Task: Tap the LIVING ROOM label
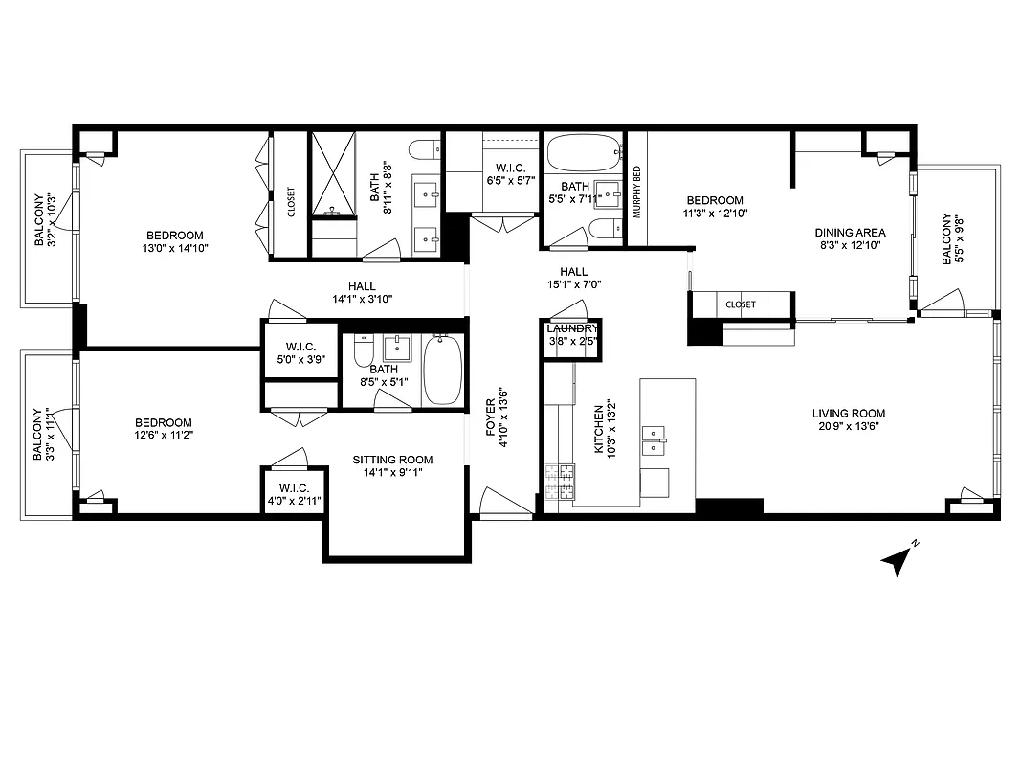pos(845,414)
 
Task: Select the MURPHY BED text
pos(636,192)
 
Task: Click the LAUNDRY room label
pos(572,328)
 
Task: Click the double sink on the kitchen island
pos(654,440)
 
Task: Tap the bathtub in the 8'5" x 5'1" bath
pos(442,371)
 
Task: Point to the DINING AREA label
pos(850,232)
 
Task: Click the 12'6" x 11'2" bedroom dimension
pos(163,436)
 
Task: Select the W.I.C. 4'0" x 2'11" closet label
pos(288,494)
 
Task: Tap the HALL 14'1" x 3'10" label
pos(362,292)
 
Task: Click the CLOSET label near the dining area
pos(741,304)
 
